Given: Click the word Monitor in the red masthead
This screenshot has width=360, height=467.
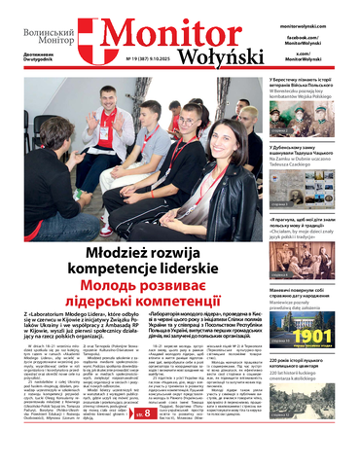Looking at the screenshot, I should [x=162, y=32].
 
